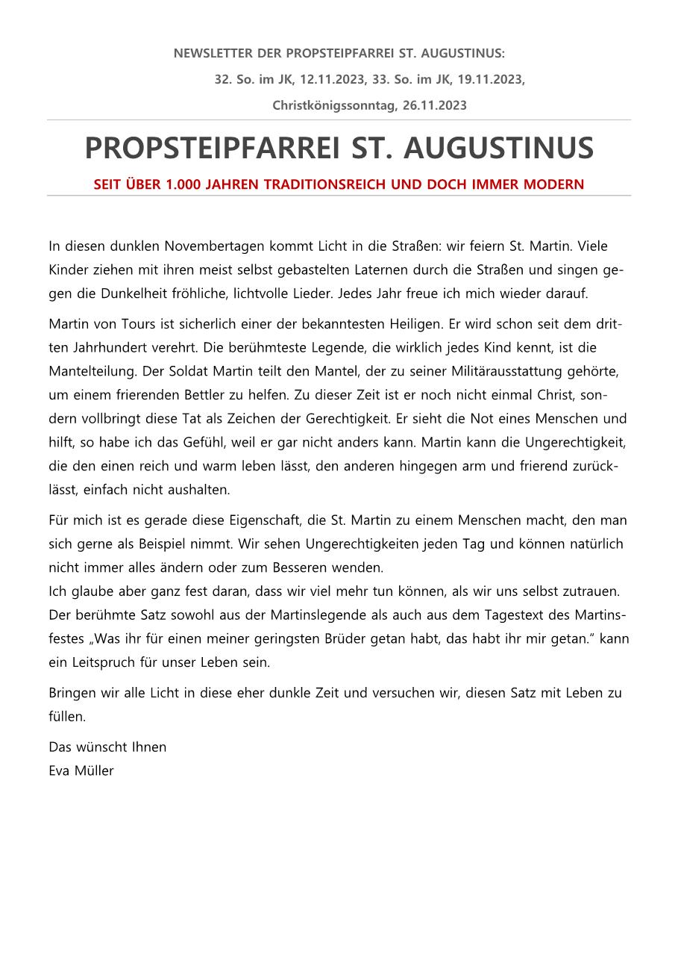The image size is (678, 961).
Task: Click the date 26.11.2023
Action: point(434,105)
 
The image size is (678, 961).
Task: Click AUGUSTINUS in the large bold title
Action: point(498,149)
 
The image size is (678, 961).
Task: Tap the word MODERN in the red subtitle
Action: point(558,184)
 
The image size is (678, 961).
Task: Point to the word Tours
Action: point(127,323)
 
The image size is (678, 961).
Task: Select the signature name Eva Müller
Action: point(81,771)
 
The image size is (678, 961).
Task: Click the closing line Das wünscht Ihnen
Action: point(107,747)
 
